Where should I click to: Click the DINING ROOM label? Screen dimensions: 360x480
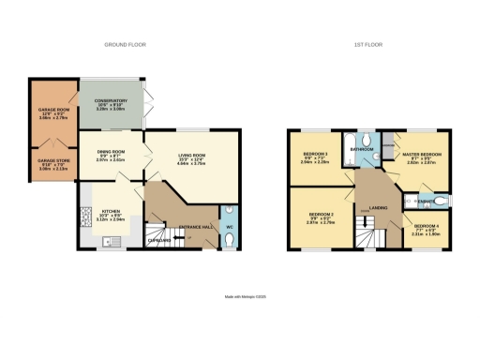[110, 156]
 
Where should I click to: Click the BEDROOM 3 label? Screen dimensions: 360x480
[315, 156]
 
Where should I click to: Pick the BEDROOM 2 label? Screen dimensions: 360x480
[320, 218]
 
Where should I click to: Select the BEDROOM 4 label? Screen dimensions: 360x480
[427, 227]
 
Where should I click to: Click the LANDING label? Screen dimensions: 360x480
[380, 209]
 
